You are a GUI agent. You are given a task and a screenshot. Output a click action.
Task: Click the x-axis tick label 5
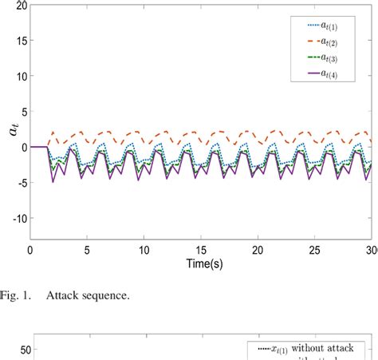pos(87,250)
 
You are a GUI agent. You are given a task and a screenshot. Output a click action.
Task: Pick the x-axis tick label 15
pos(200,250)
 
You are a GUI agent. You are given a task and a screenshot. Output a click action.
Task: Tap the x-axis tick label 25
pos(313,250)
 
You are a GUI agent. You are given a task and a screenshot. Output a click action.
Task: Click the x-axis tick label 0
pos(30,250)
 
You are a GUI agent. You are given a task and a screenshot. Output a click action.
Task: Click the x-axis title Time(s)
pos(200,263)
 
